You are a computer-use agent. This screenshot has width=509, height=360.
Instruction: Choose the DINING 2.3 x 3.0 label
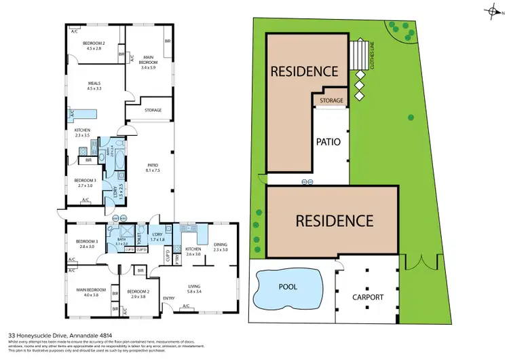pos(221,247)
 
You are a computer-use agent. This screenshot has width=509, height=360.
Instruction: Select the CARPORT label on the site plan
pos(368,298)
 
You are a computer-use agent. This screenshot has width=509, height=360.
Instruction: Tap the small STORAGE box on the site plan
pos(331,101)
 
